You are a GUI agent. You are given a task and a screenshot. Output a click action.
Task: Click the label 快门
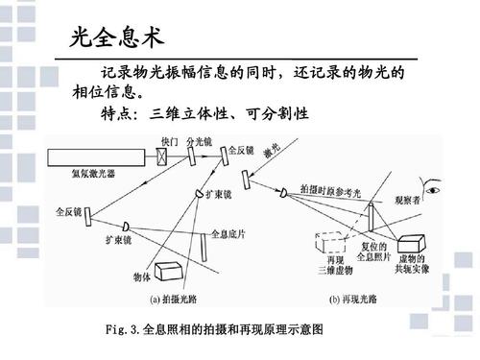[168, 140]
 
